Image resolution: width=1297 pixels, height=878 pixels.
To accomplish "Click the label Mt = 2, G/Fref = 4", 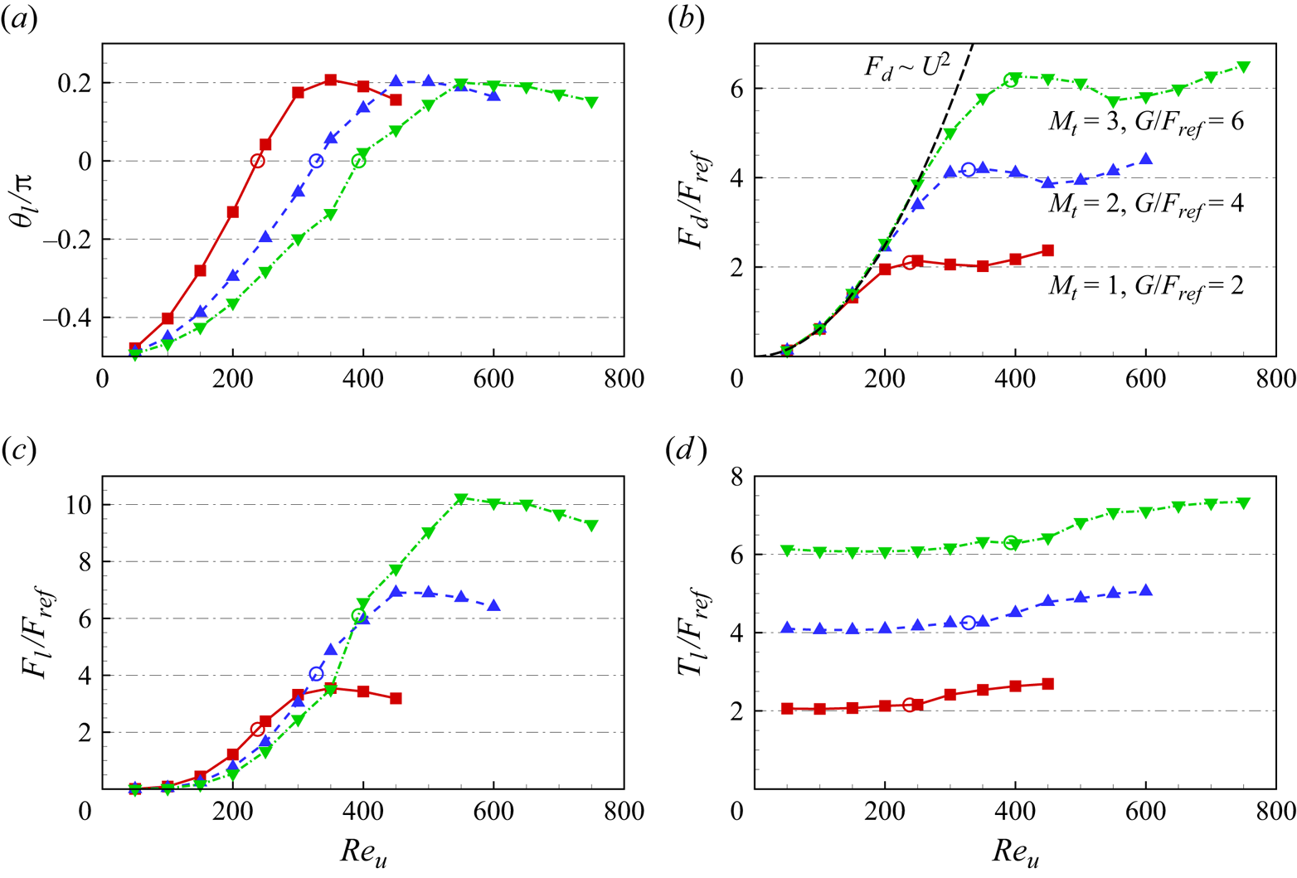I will tap(1145, 203).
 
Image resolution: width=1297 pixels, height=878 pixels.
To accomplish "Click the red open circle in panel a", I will tap(257, 161).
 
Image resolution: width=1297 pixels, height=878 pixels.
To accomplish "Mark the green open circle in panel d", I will tap(1010, 542).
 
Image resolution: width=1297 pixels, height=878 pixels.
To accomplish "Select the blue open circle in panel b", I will tap(968, 169).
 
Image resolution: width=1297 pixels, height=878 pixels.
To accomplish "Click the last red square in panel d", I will tap(1047, 684).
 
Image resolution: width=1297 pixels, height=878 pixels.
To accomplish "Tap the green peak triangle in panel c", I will tap(461, 499).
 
